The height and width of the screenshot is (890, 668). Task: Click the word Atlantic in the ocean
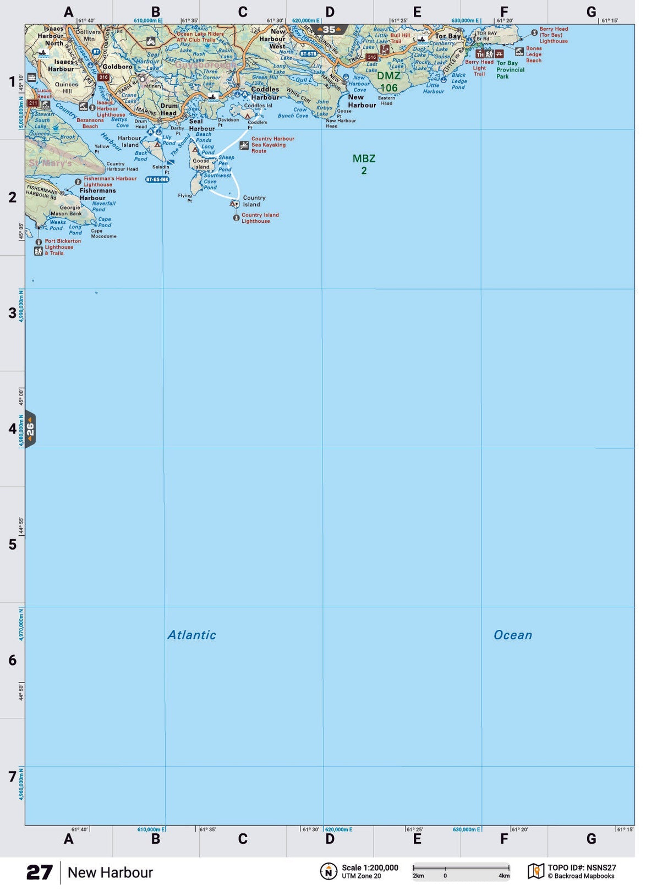[191, 635]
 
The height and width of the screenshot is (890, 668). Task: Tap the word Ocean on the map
[512, 635]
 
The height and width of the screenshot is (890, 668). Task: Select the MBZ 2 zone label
[364, 164]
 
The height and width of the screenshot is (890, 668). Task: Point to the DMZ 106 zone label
[388, 82]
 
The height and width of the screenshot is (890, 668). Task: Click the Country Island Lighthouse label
[260, 218]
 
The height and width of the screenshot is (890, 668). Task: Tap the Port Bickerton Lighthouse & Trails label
[62, 247]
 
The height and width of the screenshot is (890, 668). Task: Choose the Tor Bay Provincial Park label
[510, 70]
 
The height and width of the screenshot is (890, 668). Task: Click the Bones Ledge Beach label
[533, 54]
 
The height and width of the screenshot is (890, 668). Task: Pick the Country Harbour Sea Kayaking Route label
[272, 145]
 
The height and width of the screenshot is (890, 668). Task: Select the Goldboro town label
[117, 67]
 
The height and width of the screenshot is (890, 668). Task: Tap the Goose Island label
[201, 164]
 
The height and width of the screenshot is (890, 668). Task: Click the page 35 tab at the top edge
[329, 30]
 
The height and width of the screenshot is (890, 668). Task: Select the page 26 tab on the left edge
[30, 428]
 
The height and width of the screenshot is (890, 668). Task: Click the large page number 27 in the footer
[40, 872]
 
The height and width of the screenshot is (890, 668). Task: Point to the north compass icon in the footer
[328, 871]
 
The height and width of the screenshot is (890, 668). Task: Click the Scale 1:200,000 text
[370, 867]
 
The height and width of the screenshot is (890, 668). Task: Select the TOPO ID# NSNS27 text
[582, 867]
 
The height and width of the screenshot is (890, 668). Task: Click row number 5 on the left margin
[12, 545]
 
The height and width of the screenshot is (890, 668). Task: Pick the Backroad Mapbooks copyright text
[581, 876]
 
